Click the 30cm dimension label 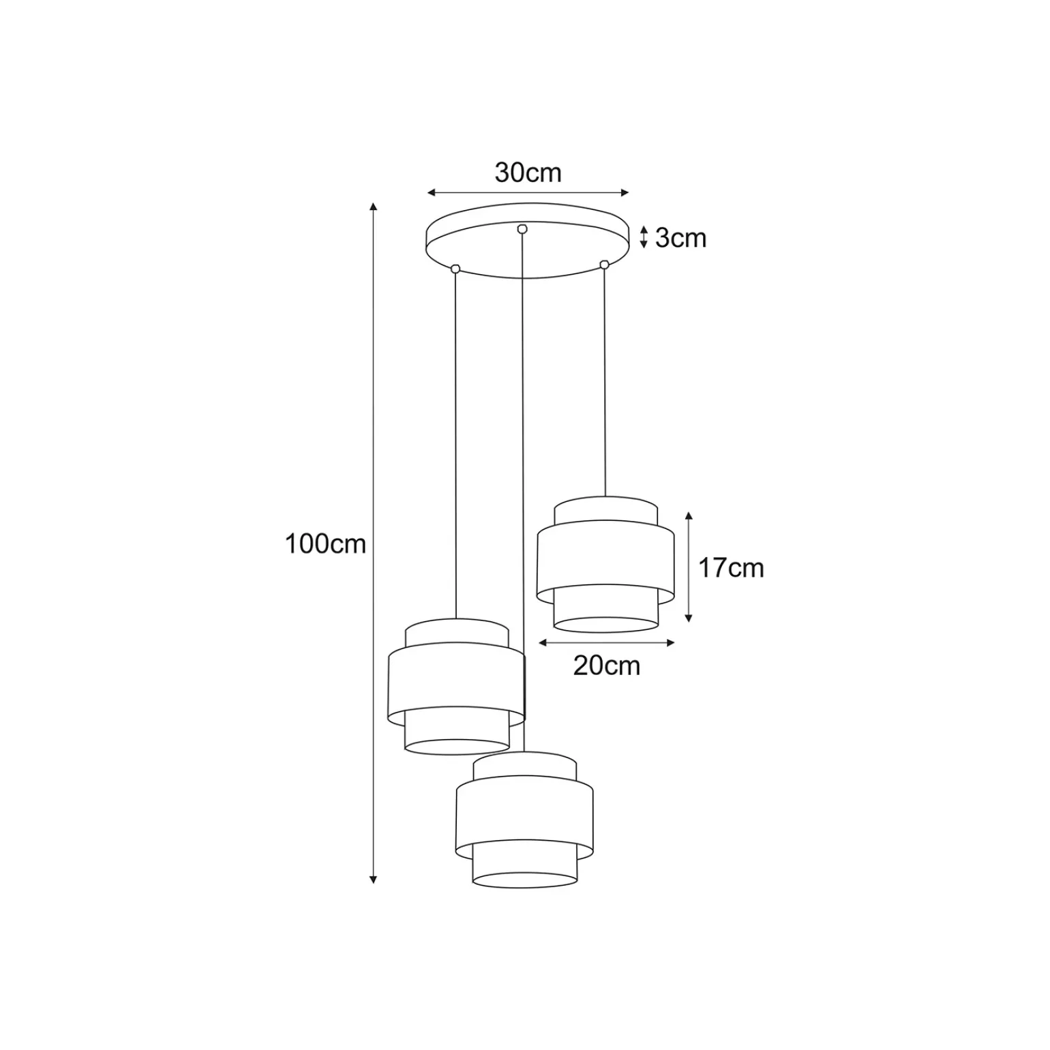tap(528, 173)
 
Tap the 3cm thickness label tap(680, 238)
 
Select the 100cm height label tap(325, 544)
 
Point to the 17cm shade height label tap(731, 567)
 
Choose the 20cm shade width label tap(607, 665)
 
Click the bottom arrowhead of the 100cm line tap(373, 880)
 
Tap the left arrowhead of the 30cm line tap(431, 193)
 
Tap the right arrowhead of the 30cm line tap(625, 193)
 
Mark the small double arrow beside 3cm tap(644, 237)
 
